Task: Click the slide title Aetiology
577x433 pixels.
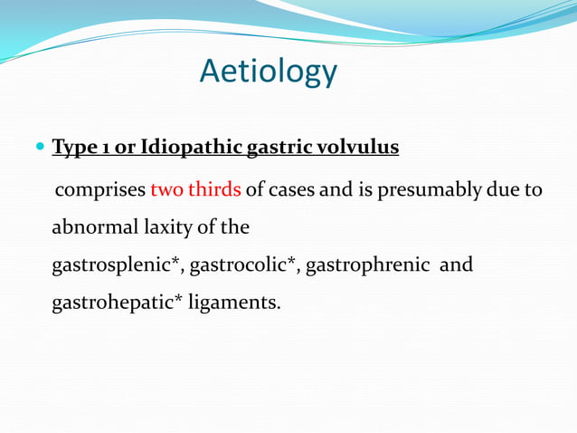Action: tap(269, 72)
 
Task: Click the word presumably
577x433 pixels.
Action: tap(431, 191)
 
